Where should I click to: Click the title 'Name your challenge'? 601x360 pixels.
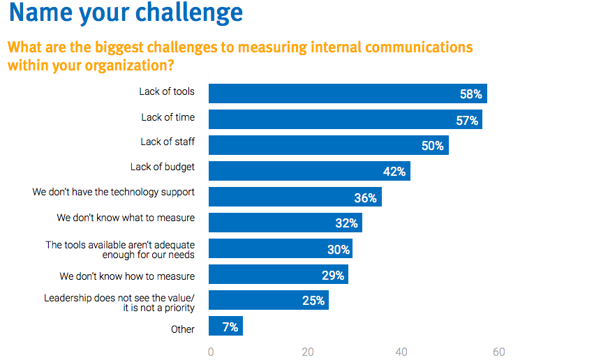126,13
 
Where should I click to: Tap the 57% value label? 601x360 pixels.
467,120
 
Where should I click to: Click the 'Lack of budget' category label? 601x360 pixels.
163,167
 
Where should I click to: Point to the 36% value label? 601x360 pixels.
365,198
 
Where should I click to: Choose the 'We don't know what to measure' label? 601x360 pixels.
126,218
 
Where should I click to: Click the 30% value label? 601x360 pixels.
339,249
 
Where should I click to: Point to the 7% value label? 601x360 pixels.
230,327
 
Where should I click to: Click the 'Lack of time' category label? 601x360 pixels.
168,117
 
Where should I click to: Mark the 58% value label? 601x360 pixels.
470,94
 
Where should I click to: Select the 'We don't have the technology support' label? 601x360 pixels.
113,192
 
